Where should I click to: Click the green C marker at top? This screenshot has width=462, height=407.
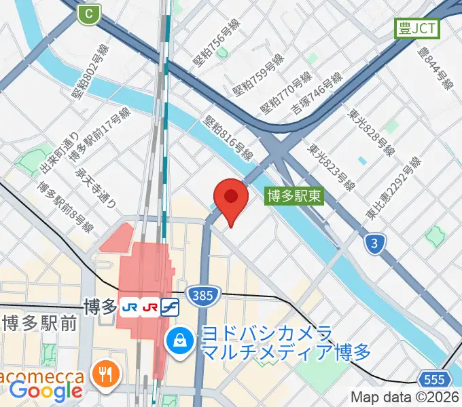88,13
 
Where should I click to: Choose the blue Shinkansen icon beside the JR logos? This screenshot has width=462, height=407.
170,307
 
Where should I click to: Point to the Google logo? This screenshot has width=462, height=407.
46,391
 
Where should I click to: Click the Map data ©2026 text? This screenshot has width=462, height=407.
405,398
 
